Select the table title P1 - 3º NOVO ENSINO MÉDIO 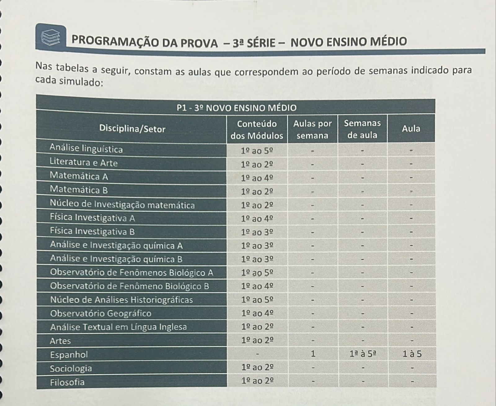pyautogui.click(x=236, y=108)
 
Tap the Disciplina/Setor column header pyautogui.click(x=132, y=129)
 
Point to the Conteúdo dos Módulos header pyautogui.click(x=257, y=130)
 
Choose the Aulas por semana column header pyautogui.click(x=312, y=129)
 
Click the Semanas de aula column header pyautogui.click(x=362, y=129)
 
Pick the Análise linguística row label pyautogui.click(x=86, y=149)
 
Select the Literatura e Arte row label pyautogui.click(x=84, y=163)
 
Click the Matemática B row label pyautogui.click(x=79, y=190)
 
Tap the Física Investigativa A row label pyautogui.click(x=92, y=218)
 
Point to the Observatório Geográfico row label pyautogui.click(x=101, y=313)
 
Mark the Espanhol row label pyautogui.click(x=69, y=354)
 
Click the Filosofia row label pyautogui.click(x=67, y=382)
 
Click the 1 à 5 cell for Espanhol pyautogui.click(x=412, y=354)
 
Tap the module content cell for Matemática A pyautogui.click(x=257, y=178)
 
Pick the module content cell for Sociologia pyautogui.click(x=257, y=368)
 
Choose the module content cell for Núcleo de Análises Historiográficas pyautogui.click(x=257, y=300)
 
